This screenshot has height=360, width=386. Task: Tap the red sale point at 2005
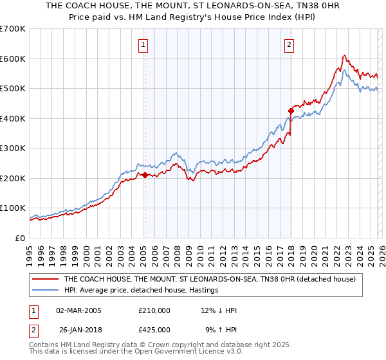pos(145,175)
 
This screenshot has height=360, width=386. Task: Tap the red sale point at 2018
pos(291,111)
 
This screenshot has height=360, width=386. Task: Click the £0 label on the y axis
pos(21,238)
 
